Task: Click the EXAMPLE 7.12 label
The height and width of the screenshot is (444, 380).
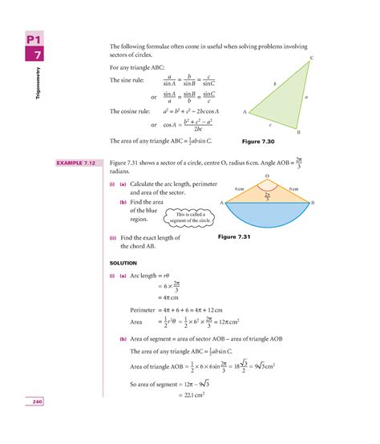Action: (75, 163)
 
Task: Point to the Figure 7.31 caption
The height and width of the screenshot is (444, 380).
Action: (235, 237)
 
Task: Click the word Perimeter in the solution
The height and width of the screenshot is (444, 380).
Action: (145, 309)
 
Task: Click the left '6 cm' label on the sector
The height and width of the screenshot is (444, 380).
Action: (239, 189)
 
